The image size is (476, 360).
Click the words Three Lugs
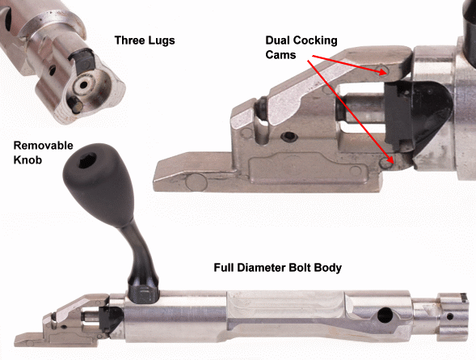tap(145, 40)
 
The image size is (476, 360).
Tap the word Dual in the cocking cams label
tap(277, 40)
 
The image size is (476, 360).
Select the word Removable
tap(43, 146)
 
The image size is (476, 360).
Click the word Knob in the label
tap(27, 160)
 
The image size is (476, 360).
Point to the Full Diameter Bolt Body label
tap(278, 268)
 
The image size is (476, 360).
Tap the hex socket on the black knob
tap(87, 159)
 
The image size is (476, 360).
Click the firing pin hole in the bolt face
tap(82, 84)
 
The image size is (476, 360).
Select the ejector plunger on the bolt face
tap(75, 105)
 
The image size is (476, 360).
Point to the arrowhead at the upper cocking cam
tap(383, 72)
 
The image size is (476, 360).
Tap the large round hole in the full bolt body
tap(385, 316)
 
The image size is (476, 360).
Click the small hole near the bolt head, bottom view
tap(450, 317)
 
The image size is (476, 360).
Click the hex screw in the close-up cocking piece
tap(289, 137)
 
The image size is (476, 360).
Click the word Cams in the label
tap(280, 55)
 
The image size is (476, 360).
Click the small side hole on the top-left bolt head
tap(53, 70)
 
